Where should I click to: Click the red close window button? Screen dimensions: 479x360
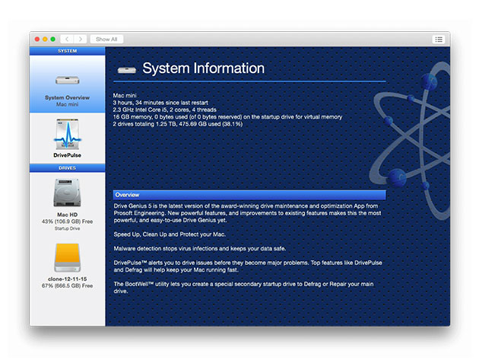37,39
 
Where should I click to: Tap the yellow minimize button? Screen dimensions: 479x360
45,39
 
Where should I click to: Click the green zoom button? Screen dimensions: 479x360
53,39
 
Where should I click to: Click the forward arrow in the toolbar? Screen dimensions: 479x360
81,39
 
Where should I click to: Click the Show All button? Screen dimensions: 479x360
106,39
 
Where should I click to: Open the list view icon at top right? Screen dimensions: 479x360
439,40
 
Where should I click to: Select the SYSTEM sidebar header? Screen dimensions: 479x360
67,51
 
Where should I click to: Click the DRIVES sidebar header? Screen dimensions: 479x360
67,168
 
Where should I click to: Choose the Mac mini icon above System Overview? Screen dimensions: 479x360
67,81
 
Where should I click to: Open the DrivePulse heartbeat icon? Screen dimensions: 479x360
68,135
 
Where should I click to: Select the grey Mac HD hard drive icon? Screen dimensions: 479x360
67,193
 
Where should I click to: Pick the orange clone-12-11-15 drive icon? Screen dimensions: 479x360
67,257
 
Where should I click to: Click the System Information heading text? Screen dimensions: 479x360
204,68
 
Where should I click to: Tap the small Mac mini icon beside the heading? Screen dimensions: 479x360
127,70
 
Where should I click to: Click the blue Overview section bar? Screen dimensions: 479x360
249,195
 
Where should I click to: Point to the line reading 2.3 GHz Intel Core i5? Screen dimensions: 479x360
165,110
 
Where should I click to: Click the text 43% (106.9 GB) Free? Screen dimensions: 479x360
67,221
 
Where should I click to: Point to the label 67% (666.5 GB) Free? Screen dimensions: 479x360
67,285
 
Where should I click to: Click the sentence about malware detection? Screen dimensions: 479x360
200,249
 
